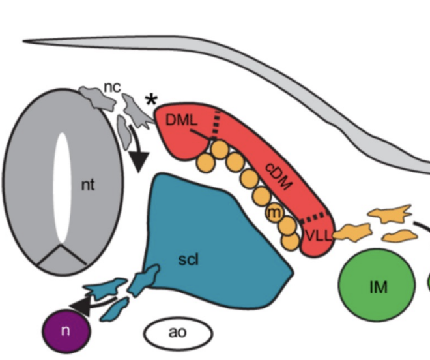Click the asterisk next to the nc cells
click(x=151, y=100)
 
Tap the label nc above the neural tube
click(x=113, y=87)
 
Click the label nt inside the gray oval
click(x=88, y=185)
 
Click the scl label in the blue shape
click(x=188, y=259)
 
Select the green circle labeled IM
click(x=377, y=285)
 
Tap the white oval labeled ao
click(x=177, y=333)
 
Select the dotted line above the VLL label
click(x=315, y=217)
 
